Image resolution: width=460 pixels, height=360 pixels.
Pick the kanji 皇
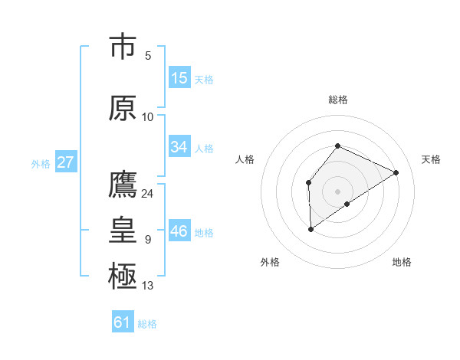pyautogui.click(x=123, y=231)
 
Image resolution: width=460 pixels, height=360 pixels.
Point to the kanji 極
pyautogui.click(x=123, y=276)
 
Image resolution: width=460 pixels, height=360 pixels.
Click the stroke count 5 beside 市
pyautogui.click(x=148, y=56)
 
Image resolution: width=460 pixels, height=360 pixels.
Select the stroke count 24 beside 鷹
pyautogui.click(x=148, y=194)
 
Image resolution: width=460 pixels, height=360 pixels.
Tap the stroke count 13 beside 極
pyautogui.click(x=148, y=286)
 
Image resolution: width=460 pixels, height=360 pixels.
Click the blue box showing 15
pyautogui.click(x=179, y=78)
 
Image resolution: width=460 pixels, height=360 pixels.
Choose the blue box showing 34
pyautogui.click(x=179, y=147)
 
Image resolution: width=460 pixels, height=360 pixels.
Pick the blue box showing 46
pyautogui.click(x=179, y=231)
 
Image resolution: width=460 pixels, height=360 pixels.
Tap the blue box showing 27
pyautogui.click(x=65, y=162)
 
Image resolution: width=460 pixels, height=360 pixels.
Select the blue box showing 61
pyautogui.click(x=123, y=322)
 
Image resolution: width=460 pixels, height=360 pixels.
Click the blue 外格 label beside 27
pyautogui.click(x=40, y=163)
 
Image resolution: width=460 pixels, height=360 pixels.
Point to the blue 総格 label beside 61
pyautogui.click(x=147, y=324)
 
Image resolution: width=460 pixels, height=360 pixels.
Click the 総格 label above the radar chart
pyautogui.click(x=337, y=100)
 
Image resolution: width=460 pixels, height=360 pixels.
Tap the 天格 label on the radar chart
pyautogui.click(x=431, y=159)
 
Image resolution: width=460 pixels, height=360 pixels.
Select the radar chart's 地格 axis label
pyautogui.click(x=402, y=262)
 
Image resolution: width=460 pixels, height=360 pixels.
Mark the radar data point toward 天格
pyautogui.click(x=396, y=172)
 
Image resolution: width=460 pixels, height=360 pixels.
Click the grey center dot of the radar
pyautogui.click(x=337, y=191)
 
